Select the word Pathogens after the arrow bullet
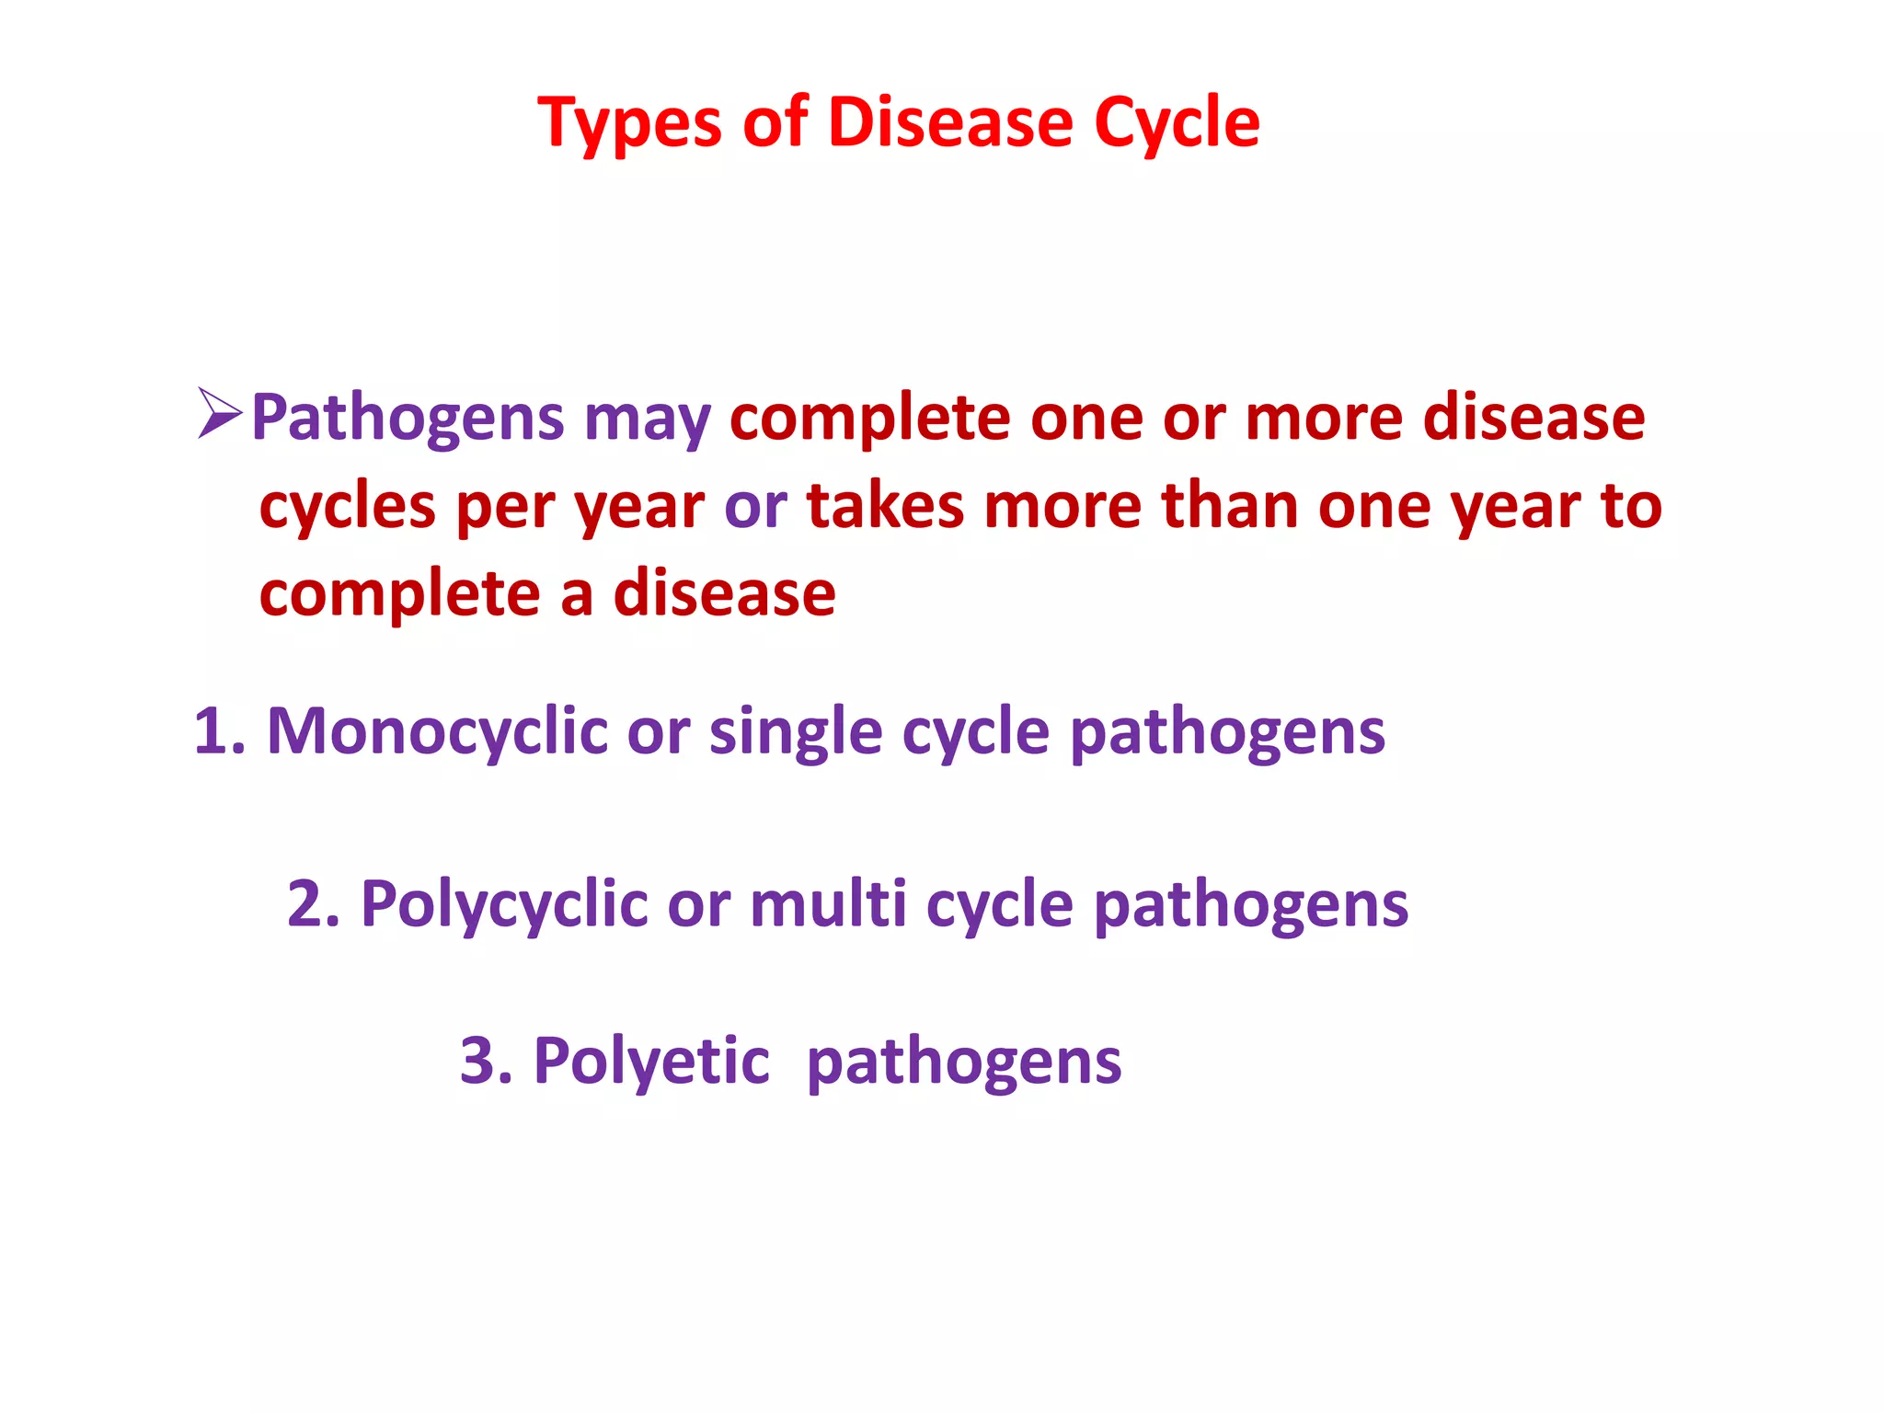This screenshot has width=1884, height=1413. point(408,419)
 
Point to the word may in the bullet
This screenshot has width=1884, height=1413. point(648,421)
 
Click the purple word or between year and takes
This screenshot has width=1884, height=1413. point(755,507)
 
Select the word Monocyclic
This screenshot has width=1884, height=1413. point(437,732)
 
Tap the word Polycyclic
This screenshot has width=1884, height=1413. point(504,905)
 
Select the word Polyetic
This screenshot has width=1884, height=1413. point(651,1063)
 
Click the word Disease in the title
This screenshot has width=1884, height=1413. point(950,123)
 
